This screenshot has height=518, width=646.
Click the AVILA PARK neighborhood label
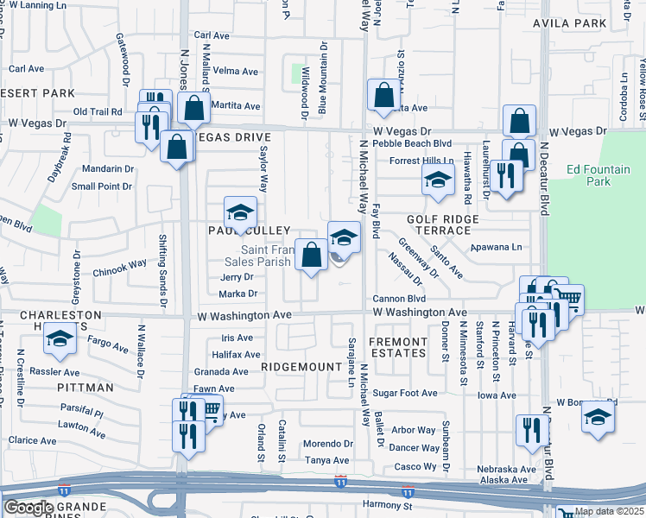coord(576,23)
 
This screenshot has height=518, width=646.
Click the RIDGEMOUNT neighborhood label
coord(301,367)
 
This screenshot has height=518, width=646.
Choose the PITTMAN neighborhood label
coord(85,388)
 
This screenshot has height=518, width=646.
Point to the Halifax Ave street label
coord(236,354)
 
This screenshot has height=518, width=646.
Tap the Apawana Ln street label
coord(497,247)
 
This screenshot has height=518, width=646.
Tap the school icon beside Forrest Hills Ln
coord(438,180)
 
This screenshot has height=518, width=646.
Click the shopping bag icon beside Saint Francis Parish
coord(311,255)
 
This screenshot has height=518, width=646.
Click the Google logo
coord(28,508)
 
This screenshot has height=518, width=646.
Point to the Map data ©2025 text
coord(609,511)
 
